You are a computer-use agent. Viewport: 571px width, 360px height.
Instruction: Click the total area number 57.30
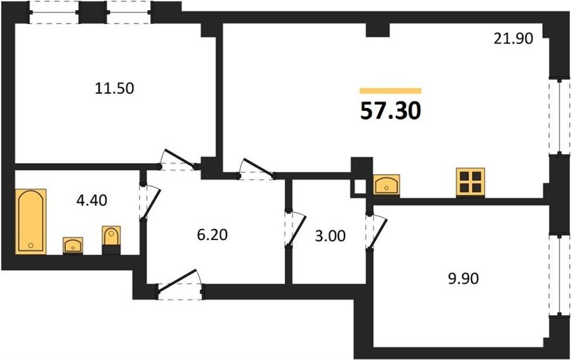(390, 110)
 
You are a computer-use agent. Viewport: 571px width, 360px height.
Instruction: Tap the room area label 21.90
(513, 38)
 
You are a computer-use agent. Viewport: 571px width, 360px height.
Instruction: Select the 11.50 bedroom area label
(114, 88)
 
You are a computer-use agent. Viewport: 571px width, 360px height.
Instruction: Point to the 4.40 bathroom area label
(92, 200)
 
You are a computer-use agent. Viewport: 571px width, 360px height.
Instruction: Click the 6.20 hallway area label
(213, 235)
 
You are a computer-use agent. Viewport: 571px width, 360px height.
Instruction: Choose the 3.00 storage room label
(330, 236)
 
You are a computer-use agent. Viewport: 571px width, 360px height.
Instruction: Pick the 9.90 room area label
(463, 279)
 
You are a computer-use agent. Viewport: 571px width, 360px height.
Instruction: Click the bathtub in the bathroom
(31, 221)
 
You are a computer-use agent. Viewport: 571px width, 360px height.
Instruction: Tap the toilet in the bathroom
(111, 240)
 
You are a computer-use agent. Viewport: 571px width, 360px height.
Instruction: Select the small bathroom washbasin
(73, 245)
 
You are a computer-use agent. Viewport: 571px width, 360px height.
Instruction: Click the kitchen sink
(386, 186)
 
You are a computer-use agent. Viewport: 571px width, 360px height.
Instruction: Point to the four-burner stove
(471, 182)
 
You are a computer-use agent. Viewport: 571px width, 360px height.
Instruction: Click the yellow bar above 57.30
(390, 91)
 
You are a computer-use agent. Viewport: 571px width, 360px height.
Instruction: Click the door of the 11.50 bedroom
(179, 159)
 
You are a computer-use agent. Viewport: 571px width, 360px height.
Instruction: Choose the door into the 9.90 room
(376, 232)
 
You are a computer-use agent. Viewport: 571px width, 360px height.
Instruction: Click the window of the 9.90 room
(560, 275)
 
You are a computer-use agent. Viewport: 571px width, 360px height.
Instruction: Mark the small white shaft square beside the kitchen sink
(360, 187)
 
